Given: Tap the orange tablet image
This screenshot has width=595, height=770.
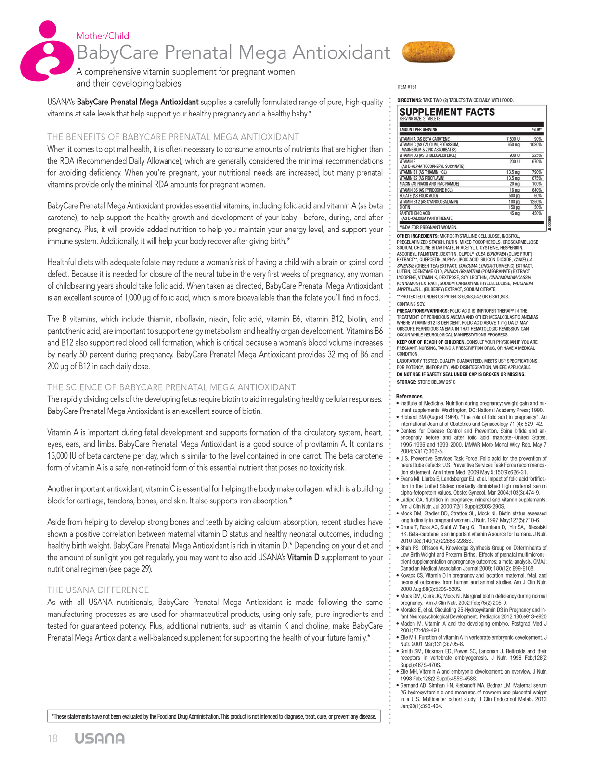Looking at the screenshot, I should [427, 52].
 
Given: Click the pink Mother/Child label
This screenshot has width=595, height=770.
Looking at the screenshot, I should [103, 36].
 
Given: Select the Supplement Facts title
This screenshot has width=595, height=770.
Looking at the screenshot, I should [447, 112].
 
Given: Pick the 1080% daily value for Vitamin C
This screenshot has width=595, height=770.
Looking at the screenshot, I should [536, 144].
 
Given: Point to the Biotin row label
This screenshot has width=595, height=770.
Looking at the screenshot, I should [405, 207].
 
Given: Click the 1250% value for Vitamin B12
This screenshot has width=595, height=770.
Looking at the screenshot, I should [536, 202].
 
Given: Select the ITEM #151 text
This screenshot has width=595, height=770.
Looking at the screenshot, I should [407, 87].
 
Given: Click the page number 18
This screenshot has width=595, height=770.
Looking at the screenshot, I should [52, 739].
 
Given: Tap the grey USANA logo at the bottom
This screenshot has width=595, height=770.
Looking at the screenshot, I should [100, 739].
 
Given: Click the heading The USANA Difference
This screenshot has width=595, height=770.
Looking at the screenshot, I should [98, 590].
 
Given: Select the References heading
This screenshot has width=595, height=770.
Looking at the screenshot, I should [409, 397].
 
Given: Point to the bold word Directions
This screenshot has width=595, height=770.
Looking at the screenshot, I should [409, 100].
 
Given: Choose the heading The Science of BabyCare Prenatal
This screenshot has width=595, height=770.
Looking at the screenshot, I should [171, 387].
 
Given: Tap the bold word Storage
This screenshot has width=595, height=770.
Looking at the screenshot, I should [406, 382].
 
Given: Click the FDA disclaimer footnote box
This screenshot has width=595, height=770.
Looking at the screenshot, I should [214, 717].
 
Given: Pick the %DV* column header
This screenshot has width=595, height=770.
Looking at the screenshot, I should [536, 129].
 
